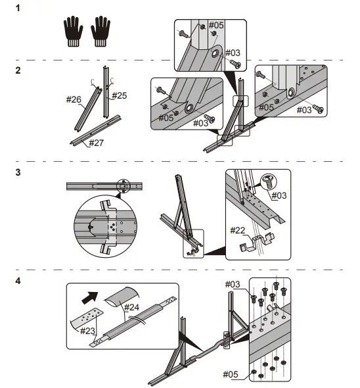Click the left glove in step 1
73,32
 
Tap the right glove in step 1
101,32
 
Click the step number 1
18,8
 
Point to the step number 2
18,70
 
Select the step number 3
18,172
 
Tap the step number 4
18,281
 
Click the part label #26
74,99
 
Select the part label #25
120,95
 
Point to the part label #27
96,143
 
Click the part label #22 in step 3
238,230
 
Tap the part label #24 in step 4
131,307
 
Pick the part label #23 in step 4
87,331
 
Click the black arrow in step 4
90,298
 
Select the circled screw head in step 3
269,182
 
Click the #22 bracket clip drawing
257,243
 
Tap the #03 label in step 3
279,195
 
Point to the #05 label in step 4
231,374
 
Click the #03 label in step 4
233,284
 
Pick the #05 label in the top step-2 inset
216,25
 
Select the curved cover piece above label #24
122,297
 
